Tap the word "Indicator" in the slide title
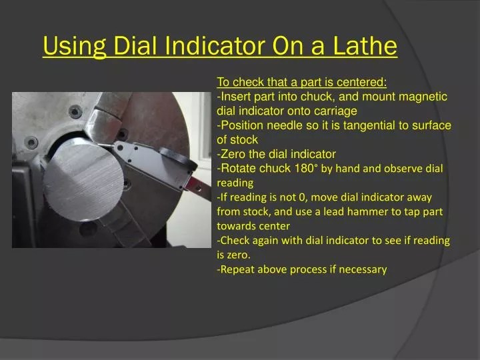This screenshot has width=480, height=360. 215,47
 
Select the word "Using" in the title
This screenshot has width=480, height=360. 73,47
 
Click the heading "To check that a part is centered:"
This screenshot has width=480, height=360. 302,82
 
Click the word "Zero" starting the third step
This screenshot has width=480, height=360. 233,154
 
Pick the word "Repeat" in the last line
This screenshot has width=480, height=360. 238,269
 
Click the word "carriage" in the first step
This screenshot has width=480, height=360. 336,111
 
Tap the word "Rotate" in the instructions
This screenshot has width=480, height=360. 237,168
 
